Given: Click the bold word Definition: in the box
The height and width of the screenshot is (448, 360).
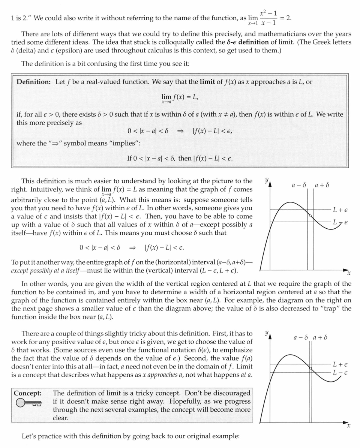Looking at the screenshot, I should tap(33, 82).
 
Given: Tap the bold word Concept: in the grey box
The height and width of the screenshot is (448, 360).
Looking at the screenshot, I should tap(27, 393).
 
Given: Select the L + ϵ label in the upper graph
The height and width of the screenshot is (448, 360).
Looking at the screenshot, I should tap(340, 210).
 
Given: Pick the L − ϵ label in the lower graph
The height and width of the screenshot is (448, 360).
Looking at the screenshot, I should tap(340, 373).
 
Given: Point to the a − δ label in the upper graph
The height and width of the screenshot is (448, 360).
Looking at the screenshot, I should tap(299, 185).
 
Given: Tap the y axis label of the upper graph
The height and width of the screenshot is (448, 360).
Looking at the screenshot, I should tap(266, 180).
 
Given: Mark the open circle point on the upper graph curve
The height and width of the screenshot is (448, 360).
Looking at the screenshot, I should tap(310, 216).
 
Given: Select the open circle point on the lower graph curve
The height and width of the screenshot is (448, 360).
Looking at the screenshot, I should tap(310, 369).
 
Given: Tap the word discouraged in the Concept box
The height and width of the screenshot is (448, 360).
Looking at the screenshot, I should tap(231, 393).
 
